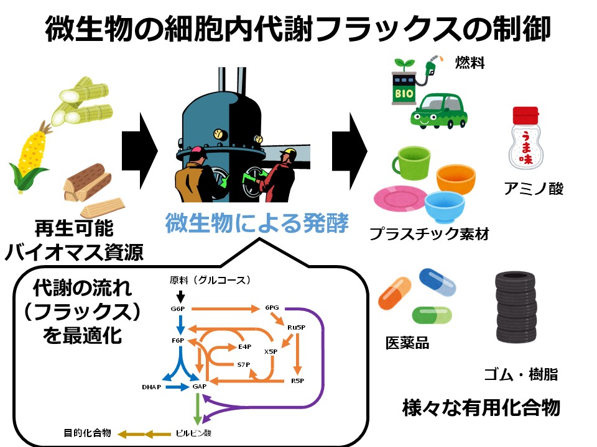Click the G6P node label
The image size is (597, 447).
(178, 308)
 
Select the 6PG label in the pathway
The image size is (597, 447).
(272, 307)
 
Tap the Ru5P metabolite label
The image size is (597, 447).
(295, 327)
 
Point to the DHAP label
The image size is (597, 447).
(151, 387)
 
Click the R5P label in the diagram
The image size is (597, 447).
(297, 380)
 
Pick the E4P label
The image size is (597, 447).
(244, 346)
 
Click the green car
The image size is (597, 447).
(439, 111)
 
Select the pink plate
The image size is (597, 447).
(400, 198)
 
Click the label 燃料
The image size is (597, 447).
(470, 62)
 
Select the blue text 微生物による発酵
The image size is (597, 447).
(256, 223)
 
